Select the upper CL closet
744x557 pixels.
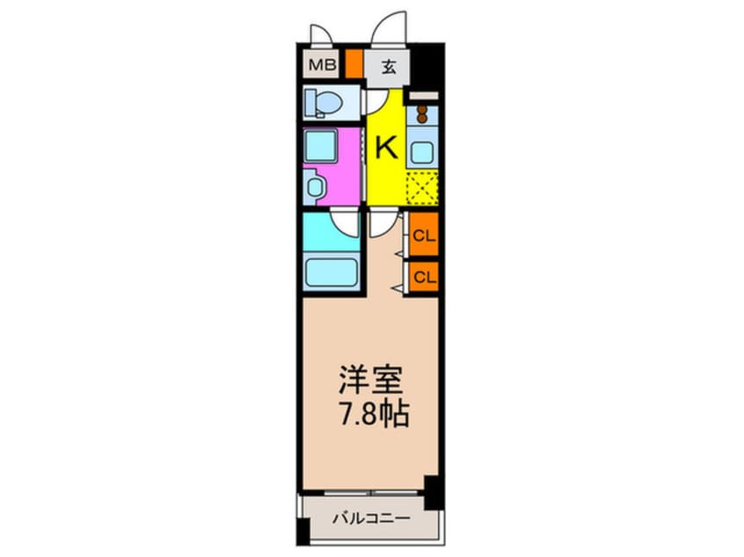coord(424,235)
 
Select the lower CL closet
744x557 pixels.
coord(424,276)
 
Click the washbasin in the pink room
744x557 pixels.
coord(314,186)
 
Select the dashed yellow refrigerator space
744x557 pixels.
coord(422,187)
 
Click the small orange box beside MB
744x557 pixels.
coord(354,65)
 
